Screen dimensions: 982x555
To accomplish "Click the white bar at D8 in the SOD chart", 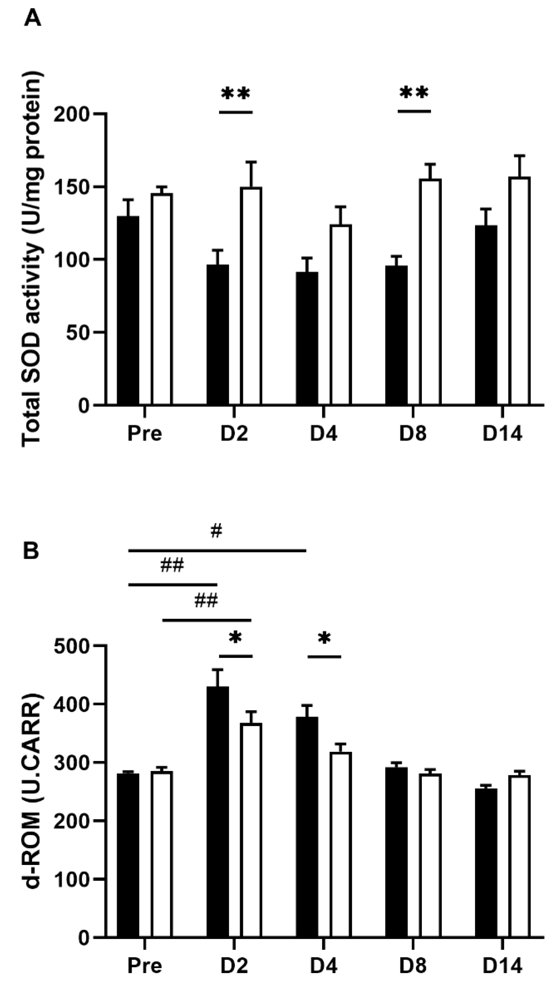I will pyautogui.click(x=430, y=292).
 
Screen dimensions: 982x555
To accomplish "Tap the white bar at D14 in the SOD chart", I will pyautogui.click(x=520, y=291).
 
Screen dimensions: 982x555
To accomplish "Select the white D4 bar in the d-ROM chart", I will pyautogui.click(x=341, y=843).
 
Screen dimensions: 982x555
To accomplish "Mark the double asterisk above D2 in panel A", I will pyautogui.click(x=236, y=94).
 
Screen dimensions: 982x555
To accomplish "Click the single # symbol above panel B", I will pyautogui.click(x=216, y=531).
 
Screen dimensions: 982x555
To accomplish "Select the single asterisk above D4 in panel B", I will pyautogui.click(x=324, y=638).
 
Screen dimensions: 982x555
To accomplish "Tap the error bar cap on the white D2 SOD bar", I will pyautogui.click(x=251, y=162).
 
